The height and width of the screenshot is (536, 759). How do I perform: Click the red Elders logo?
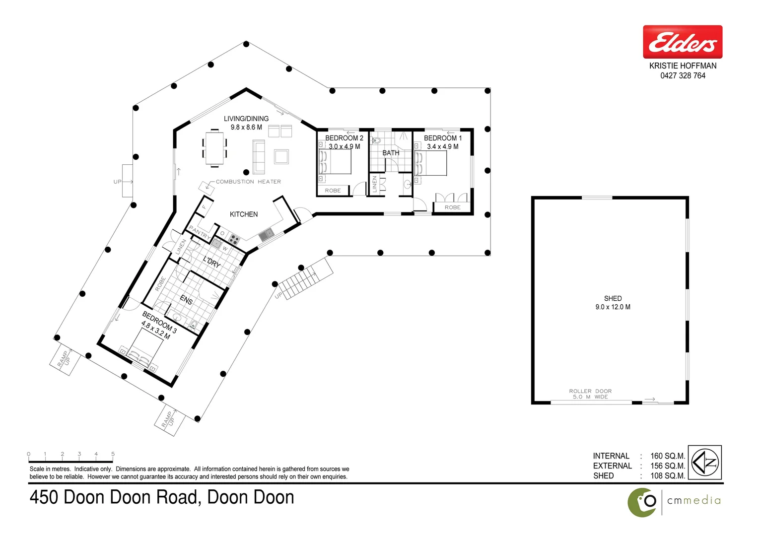point(683,42)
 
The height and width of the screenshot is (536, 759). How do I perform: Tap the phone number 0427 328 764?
point(683,75)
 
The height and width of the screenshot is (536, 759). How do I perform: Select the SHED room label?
point(613,298)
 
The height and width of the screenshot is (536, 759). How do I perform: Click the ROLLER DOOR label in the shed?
point(590,391)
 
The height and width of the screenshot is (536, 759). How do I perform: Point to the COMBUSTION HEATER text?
point(248,182)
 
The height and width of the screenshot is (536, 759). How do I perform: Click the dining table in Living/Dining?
point(214,148)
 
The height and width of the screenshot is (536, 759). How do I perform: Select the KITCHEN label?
point(244,214)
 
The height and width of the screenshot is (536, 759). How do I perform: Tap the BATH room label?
point(391,153)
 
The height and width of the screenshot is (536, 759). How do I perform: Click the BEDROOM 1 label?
point(442,138)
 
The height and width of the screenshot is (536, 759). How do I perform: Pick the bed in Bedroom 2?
point(335,162)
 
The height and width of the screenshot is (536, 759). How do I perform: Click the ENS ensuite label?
point(186,300)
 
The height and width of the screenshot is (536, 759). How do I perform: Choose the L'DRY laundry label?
point(212,262)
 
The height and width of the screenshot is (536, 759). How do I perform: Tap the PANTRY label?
point(199,232)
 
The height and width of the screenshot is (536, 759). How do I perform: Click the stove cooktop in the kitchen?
point(233,239)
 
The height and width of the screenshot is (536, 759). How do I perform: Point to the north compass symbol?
point(704,462)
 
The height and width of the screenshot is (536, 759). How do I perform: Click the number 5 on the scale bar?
point(113,454)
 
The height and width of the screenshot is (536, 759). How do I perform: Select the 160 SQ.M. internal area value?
point(668,456)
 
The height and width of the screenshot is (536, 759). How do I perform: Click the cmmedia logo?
point(674,502)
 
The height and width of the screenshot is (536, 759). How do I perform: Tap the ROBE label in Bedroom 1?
point(452,207)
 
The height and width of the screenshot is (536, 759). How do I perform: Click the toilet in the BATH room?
point(376,140)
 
